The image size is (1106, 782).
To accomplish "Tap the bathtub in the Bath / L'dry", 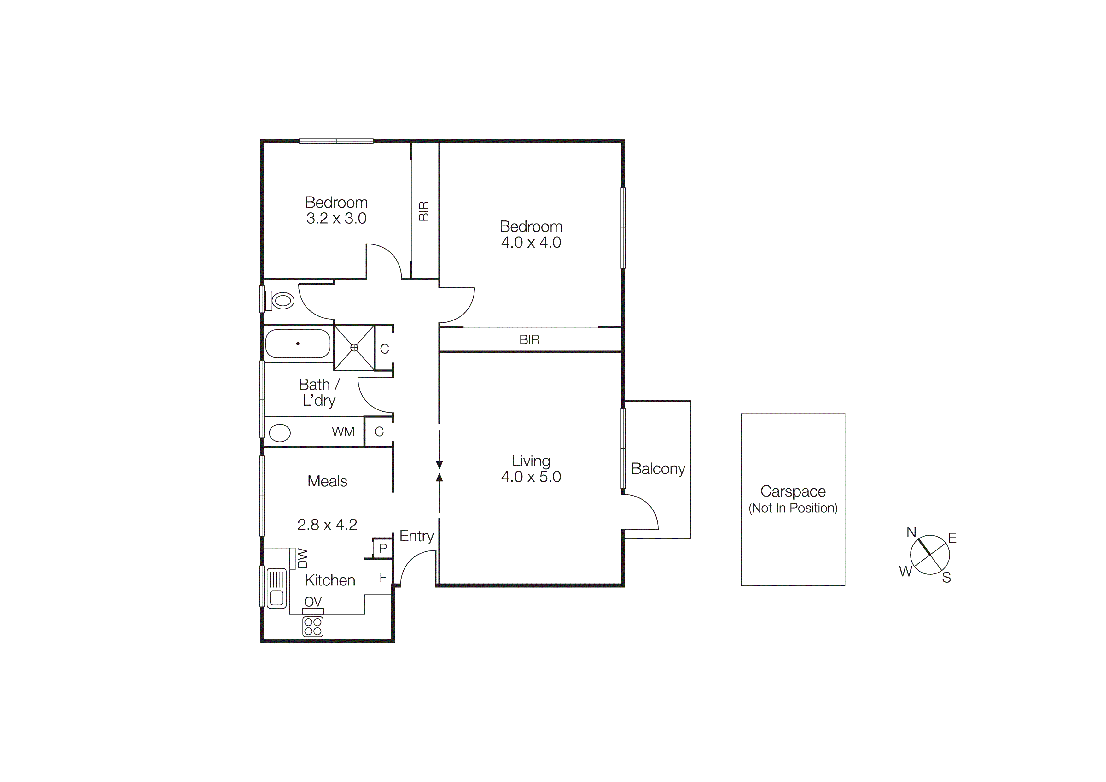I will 298,344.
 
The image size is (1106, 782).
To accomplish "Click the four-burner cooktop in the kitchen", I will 313,627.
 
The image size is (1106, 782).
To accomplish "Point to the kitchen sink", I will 276,587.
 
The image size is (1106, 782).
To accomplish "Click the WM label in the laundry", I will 343,432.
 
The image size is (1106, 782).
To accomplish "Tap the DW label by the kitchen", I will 302,558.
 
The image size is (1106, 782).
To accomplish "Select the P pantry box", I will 383,548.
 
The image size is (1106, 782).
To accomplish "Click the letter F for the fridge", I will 383,577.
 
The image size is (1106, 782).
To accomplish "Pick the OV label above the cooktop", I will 313,601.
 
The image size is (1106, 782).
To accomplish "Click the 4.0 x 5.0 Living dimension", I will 531,477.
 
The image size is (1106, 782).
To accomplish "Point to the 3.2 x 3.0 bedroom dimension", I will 336,218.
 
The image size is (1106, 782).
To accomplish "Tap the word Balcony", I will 658,469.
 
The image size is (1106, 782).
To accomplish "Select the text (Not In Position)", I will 793,508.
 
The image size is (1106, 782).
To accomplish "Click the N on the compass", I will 911,532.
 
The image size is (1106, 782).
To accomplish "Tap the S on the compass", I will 946,577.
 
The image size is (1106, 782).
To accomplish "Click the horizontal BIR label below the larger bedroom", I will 529,340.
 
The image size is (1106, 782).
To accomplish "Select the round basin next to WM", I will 279,432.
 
